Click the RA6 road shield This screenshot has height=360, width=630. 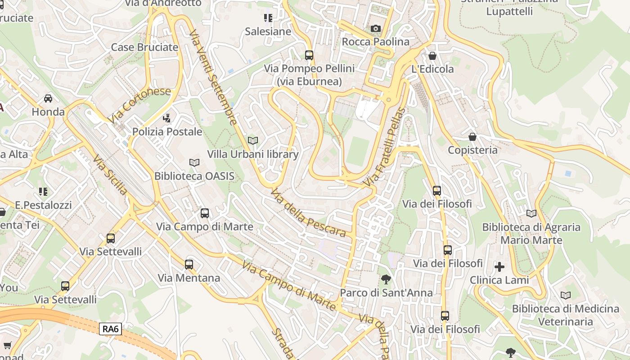(110, 329)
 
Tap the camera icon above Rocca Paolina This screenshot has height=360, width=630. (375, 28)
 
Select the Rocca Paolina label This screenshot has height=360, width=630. (376, 42)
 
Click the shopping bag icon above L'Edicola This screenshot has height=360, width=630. (432, 56)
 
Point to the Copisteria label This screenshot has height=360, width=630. (472, 150)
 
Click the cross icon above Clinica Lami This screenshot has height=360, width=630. (499, 267)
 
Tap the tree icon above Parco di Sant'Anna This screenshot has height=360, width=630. (386, 279)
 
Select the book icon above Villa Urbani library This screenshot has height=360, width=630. (253, 140)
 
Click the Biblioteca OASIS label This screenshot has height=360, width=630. (194, 176)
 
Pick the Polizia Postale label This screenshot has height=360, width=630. (167, 132)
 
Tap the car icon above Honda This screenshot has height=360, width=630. (48, 98)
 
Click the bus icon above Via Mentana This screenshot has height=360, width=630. (189, 265)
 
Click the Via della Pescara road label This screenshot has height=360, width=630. (308, 213)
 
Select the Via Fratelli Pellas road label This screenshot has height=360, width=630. (385, 148)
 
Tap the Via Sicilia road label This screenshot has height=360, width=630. (110, 175)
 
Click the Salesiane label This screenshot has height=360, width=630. (268, 32)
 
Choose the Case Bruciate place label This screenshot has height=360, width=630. (144, 47)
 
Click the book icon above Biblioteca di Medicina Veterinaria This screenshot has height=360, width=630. (566, 295)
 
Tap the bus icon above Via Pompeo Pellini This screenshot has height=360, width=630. (309, 55)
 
